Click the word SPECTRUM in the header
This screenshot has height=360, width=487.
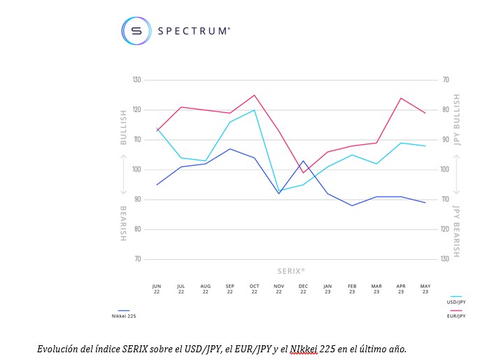point(194,31)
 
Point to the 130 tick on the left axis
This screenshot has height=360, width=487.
point(136,80)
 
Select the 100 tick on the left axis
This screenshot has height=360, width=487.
point(136,169)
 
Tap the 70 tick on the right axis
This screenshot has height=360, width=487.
point(445,80)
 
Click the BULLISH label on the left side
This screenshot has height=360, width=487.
point(123,127)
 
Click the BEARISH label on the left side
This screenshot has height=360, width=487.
point(123,223)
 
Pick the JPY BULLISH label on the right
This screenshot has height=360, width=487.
point(457,120)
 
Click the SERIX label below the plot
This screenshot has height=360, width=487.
point(290,270)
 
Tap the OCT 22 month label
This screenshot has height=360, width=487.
point(254,289)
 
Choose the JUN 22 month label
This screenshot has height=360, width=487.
point(157,289)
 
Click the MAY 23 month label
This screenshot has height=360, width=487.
point(425,289)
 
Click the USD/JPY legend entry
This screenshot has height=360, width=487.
point(456,302)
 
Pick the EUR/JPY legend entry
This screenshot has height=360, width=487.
point(456,316)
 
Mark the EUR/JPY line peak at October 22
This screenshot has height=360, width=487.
point(254,95)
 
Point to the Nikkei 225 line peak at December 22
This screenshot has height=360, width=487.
point(303,161)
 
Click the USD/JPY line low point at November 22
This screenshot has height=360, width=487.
point(279,191)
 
